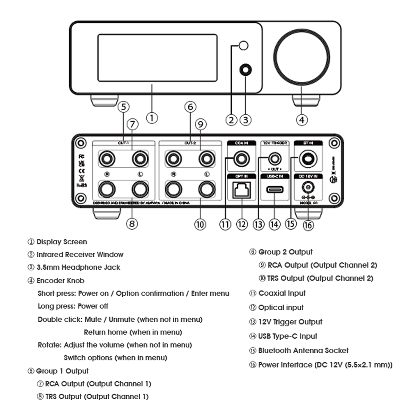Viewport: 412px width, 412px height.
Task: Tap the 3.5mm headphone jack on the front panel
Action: click(x=245, y=70)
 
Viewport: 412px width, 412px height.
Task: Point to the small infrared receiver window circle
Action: click(x=243, y=45)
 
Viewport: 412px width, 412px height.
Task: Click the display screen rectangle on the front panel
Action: click(x=157, y=58)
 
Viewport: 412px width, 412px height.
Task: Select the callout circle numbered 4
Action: click(x=302, y=120)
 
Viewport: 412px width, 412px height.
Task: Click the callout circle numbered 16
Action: click(x=308, y=225)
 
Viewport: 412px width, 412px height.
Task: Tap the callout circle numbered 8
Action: click(x=132, y=224)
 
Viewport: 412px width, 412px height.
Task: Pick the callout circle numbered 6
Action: click(x=190, y=107)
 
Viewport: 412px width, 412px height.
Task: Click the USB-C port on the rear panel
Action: click(x=275, y=190)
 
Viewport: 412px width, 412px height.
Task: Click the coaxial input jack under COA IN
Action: click(x=241, y=159)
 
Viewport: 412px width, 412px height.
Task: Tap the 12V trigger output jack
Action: click(x=275, y=159)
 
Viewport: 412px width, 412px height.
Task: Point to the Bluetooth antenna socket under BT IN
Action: click(x=308, y=159)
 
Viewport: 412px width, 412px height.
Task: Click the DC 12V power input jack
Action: click(x=308, y=187)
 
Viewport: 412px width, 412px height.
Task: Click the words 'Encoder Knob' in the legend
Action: click(x=60, y=280)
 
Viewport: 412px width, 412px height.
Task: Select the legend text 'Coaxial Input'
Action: click(x=282, y=293)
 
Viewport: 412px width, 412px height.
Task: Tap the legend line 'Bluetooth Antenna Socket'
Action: click(x=303, y=350)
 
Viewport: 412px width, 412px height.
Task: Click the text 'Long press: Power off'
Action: click(x=73, y=306)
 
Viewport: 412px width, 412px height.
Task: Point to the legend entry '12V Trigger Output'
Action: click(x=290, y=322)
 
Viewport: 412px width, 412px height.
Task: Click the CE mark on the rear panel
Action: click(x=81, y=171)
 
